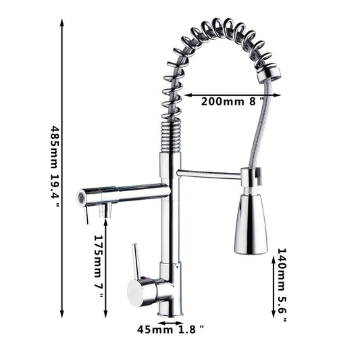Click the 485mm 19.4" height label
[55, 166]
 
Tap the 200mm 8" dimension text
[232, 101]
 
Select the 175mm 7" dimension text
[99, 266]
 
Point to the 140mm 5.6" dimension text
[282, 285]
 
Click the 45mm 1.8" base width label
[171, 330]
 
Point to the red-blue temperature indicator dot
[143, 278]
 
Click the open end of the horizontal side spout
[80, 197]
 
